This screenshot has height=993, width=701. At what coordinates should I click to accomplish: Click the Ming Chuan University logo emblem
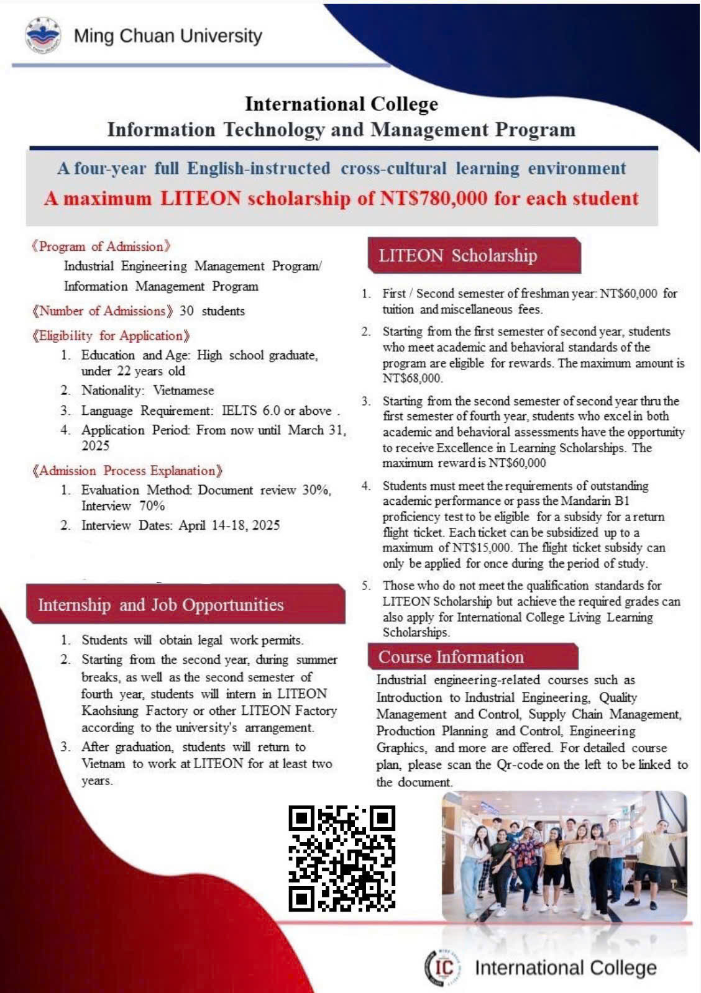point(43,35)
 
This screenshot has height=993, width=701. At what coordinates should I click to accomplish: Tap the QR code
point(342,858)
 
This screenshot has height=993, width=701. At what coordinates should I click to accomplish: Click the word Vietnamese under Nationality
point(183,391)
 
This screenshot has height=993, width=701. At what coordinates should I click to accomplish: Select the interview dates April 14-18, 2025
point(229,525)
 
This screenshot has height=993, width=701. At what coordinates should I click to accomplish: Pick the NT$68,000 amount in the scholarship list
point(412,378)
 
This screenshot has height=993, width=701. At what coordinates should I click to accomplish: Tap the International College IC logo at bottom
point(444,968)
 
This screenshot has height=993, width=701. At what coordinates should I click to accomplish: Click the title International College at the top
point(341,104)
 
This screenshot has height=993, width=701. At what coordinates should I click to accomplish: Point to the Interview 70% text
point(123,506)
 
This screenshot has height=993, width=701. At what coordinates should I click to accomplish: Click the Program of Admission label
point(101,247)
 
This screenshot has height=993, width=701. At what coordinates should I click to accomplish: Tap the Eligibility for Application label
point(111,336)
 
